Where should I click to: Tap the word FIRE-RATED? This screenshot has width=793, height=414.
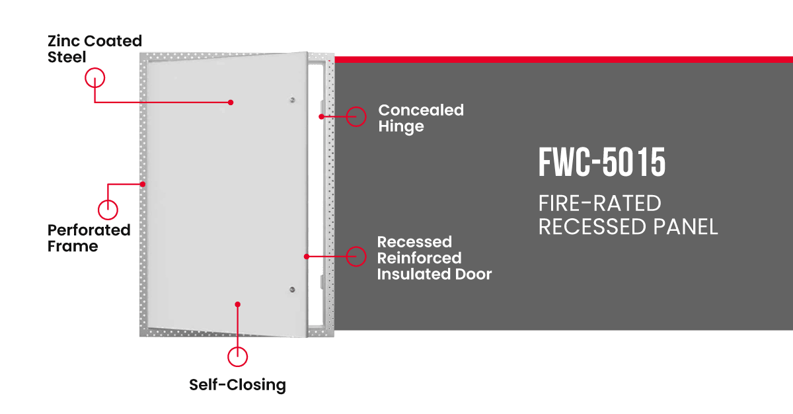click(599, 204)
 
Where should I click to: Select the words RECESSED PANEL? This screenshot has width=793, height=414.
click(628, 227)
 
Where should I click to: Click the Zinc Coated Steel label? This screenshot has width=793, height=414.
click(94, 49)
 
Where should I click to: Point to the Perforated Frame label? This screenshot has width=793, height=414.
click(89, 238)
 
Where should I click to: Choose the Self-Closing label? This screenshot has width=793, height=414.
click(237, 385)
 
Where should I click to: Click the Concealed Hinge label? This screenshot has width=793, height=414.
click(420, 118)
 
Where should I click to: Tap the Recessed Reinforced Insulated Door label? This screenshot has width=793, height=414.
click(434, 257)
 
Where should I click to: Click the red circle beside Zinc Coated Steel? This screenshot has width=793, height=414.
click(95, 78)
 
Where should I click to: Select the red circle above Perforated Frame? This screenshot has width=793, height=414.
click(108, 210)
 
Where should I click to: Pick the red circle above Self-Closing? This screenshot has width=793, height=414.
click(237, 356)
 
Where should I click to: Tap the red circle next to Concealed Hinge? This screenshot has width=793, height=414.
click(356, 116)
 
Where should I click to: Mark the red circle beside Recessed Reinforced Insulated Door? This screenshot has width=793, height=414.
click(356, 256)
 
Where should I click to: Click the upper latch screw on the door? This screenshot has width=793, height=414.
click(292, 101)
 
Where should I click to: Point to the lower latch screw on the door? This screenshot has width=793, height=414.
click(292, 289)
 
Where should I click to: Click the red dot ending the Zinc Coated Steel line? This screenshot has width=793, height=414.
click(231, 103)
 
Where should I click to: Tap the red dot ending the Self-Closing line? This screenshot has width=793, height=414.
click(237, 304)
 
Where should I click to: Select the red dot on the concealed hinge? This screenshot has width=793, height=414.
click(321, 117)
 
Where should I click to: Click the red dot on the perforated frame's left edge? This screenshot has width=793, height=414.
click(143, 183)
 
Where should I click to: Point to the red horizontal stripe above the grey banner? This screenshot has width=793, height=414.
click(562, 60)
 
